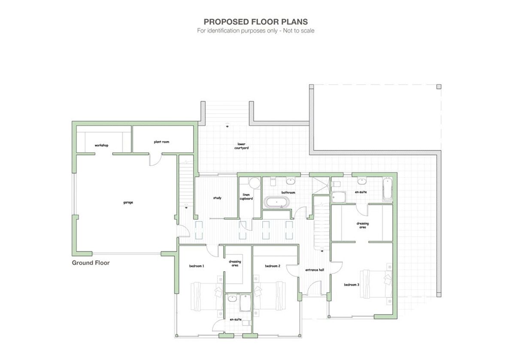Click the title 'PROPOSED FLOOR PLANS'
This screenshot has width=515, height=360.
coord(255,21)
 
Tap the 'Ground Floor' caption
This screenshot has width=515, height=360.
coord(91,263)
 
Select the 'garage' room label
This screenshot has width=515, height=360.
coord(128,202)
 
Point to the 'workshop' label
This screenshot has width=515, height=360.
coord(101,145)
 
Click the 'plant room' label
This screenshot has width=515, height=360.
coord(161,142)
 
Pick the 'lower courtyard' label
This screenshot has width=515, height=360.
coord(241,146)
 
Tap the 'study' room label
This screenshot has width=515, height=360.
coord(217,198)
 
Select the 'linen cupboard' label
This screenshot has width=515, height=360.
coord(246,197)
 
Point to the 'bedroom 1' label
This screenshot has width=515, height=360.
coord(197,266)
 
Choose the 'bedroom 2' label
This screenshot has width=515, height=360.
coord(273,266)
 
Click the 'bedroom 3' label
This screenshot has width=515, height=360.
coord(351,284)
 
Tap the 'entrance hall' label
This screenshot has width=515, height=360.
coord(315,270)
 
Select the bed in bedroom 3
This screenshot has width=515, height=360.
coord(376,284)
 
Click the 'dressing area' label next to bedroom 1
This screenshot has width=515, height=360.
coord(235,263)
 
